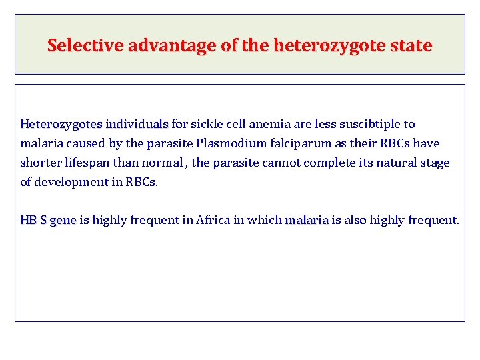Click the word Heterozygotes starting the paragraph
tap(61, 124)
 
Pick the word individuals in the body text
tap(137, 124)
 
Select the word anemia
tap(269, 124)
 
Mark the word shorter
tap(43, 163)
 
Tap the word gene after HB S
tap(63, 221)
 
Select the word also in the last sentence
tap(355, 221)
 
